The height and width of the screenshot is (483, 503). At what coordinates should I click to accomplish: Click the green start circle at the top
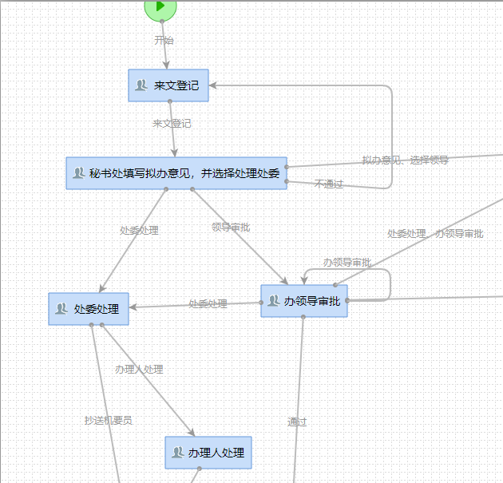click(x=160, y=7)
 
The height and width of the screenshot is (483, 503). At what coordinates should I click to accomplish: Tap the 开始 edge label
click(x=164, y=40)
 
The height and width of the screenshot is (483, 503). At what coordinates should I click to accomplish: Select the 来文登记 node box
click(x=168, y=85)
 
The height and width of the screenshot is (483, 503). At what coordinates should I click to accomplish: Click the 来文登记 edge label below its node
click(x=172, y=124)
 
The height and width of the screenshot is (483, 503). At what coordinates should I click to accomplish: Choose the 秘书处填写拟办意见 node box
click(x=176, y=173)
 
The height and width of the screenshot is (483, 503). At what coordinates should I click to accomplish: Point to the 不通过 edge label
click(x=328, y=184)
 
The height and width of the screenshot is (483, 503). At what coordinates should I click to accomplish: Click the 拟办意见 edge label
click(x=381, y=160)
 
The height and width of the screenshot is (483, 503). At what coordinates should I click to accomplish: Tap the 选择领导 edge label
click(x=430, y=160)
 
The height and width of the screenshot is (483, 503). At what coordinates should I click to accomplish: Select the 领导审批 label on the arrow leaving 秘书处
click(x=231, y=228)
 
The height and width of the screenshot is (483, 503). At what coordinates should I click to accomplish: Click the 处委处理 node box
click(x=89, y=309)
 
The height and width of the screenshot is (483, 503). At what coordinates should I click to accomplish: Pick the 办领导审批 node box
click(x=304, y=301)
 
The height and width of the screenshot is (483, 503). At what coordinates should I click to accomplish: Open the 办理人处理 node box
click(x=208, y=453)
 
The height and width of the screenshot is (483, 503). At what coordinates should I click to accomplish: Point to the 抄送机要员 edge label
click(x=109, y=421)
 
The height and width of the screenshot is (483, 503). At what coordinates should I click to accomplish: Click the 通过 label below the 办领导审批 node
click(x=297, y=422)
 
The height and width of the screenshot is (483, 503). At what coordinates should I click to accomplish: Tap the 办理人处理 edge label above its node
click(x=139, y=370)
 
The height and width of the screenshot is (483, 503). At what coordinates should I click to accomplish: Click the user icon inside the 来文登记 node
click(x=141, y=85)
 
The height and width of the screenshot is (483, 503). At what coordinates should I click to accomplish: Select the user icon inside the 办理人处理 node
click(x=178, y=453)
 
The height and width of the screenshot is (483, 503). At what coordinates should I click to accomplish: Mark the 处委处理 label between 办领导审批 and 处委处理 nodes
click(x=208, y=304)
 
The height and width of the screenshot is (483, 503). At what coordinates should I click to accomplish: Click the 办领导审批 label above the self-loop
click(x=347, y=263)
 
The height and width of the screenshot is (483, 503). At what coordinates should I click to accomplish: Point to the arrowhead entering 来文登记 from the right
click(x=214, y=85)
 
